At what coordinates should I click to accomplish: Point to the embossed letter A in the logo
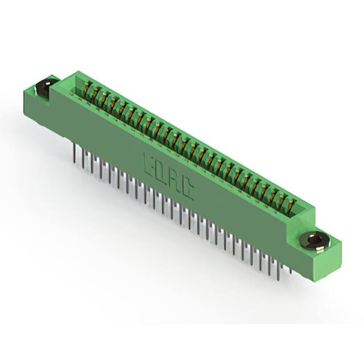(x=175, y=183)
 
